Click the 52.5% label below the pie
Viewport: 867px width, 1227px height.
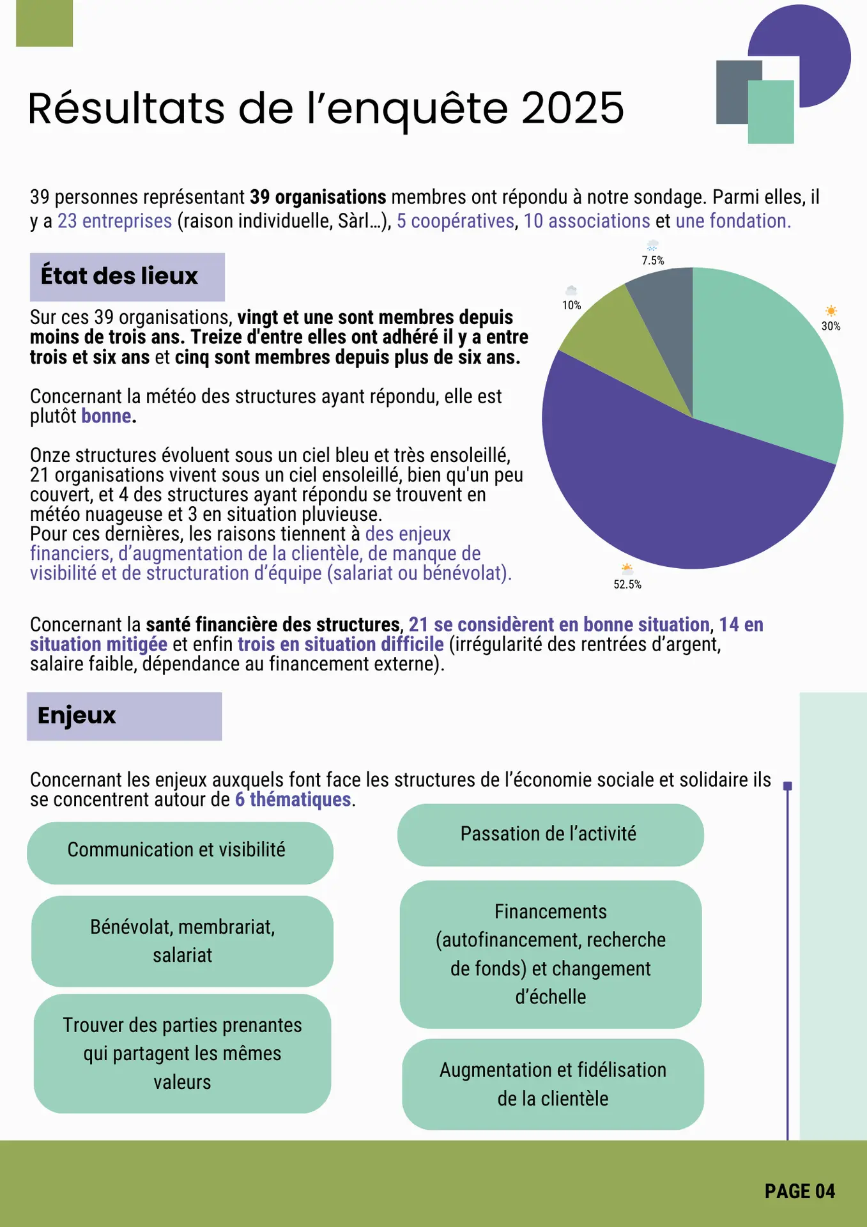click(x=627, y=584)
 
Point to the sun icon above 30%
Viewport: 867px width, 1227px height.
click(x=831, y=311)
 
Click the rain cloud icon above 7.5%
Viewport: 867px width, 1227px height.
click(x=652, y=246)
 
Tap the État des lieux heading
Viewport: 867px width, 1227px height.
click(x=119, y=276)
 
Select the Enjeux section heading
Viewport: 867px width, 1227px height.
click(x=77, y=715)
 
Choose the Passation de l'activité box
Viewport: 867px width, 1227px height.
click(x=549, y=834)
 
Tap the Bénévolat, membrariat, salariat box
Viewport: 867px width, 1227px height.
click(x=182, y=941)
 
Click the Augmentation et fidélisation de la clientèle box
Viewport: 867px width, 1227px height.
click(x=553, y=1084)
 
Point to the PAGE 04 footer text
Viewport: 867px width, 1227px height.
click(x=799, y=1191)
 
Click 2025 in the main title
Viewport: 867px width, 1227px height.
click(x=572, y=108)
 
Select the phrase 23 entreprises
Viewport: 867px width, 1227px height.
click(x=115, y=221)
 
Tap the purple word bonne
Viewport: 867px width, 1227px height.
click(x=106, y=416)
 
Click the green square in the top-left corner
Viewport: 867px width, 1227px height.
click(x=44, y=23)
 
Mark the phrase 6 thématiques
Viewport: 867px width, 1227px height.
click(x=293, y=799)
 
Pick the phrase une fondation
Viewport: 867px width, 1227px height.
click(x=733, y=221)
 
